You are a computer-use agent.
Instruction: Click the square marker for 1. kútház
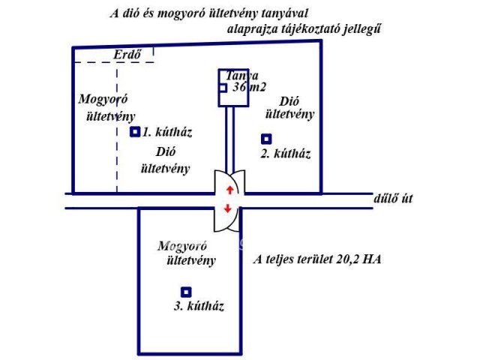tap(135, 132)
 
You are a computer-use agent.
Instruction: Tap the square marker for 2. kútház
tap(265, 139)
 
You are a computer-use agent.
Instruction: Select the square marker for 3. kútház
tap(186, 292)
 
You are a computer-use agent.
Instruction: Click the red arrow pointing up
tap(229, 190)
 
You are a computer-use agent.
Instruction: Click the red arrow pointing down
tap(228, 209)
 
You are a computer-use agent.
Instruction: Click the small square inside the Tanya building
tap(223, 88)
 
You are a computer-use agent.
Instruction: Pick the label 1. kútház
tap(167, 133)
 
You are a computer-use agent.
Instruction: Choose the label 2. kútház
tap(285, 154)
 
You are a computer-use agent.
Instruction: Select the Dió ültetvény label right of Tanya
tap(289, 107)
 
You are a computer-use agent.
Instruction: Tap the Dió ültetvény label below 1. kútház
tap(164, 160)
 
